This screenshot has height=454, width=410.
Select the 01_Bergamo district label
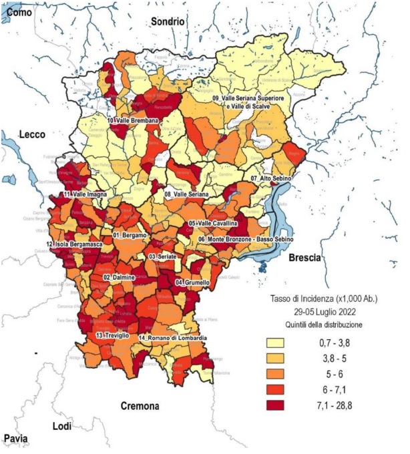(x=134, y=236)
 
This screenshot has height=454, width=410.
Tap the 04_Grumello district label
(x=192, y=282)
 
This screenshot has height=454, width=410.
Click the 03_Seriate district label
(x=166, y=256)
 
